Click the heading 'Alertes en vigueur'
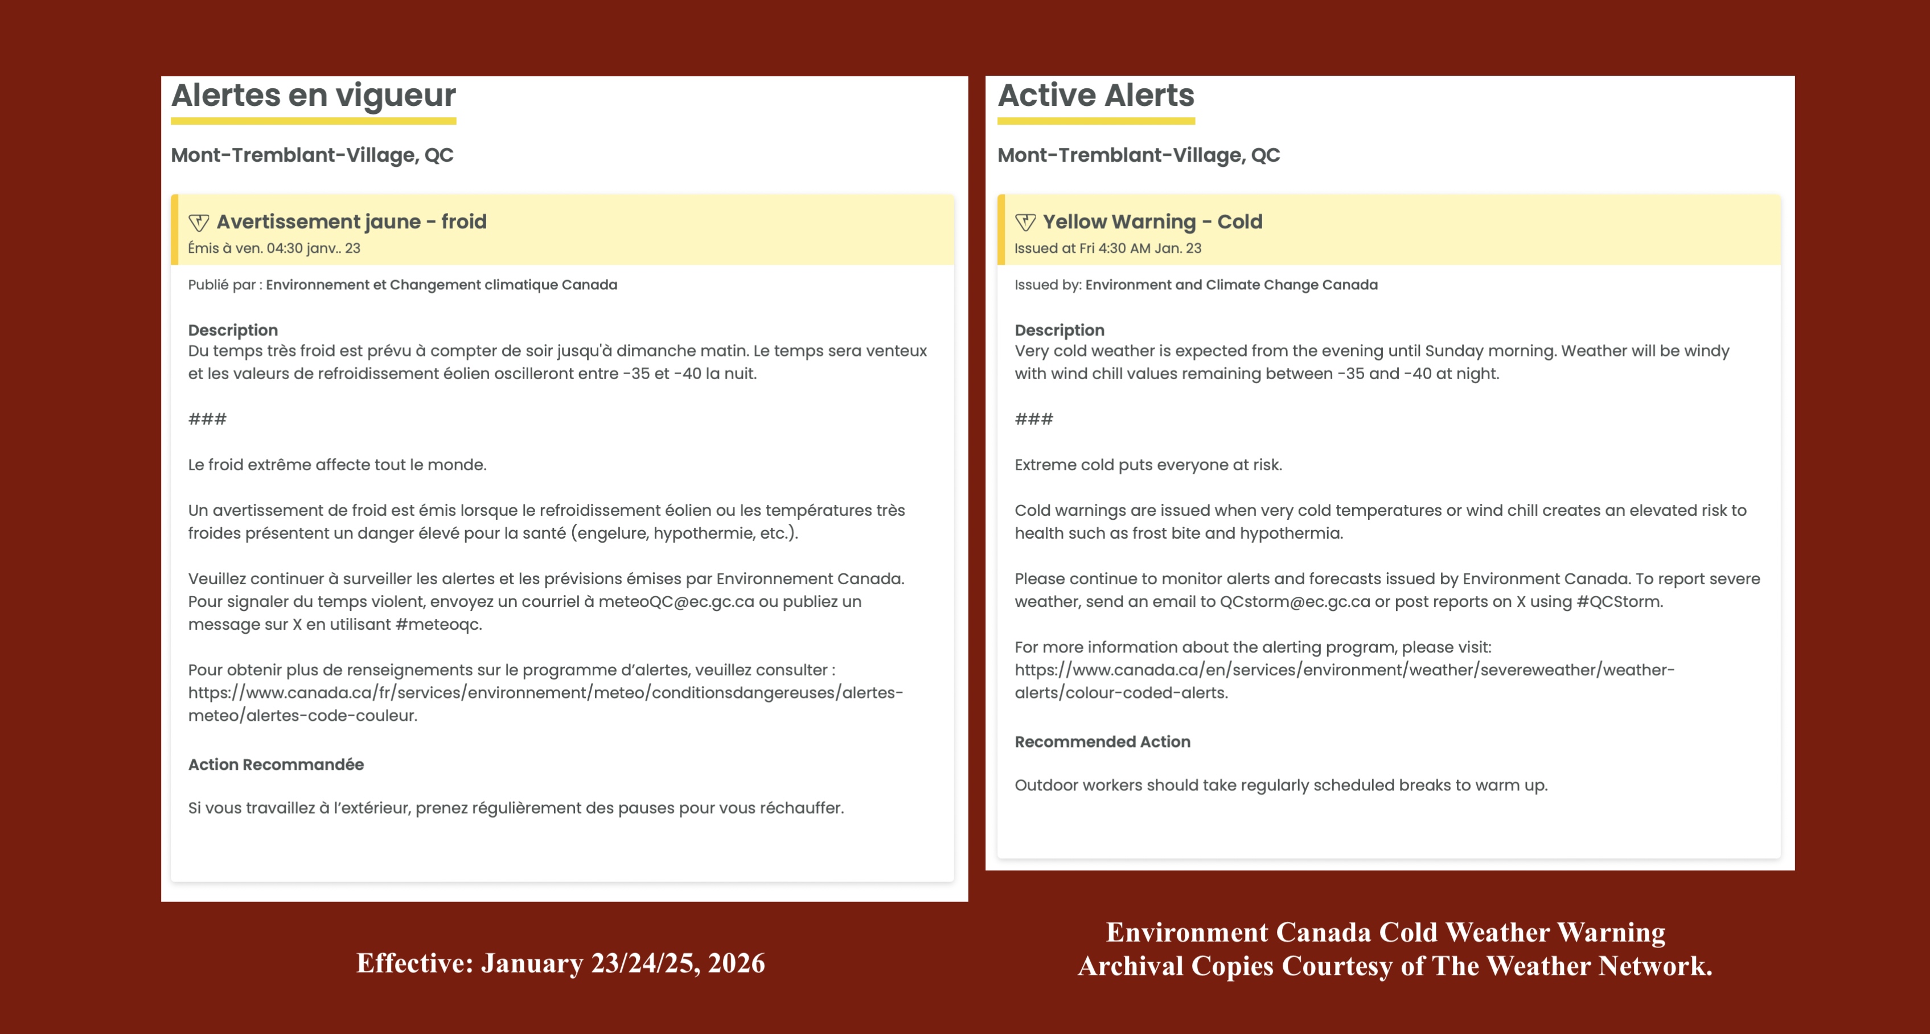coord(313,96)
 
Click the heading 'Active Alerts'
coord(1095,96)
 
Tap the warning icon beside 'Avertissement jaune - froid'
coord(199,223)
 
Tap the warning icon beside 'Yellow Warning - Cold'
coord(1025,223)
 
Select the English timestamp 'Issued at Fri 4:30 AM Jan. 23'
coord(1107,248)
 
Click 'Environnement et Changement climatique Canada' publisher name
coord(441,285)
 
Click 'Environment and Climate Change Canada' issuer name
coord(1231,285)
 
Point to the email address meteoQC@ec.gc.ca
coord(676,602)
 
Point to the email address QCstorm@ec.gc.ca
coord(1295,602)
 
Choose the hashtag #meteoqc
coord(438,624)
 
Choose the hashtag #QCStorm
coord(1619,602)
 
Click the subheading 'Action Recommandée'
coord(276,764)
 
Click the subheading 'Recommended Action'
coord(1102,742)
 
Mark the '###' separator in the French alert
coord(207,419)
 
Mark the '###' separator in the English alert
coord(1033,419)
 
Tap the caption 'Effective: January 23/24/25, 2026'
coord(560,963)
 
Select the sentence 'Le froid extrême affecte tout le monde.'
coord(337,465)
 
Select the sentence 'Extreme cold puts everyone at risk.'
coord(1148,465)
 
